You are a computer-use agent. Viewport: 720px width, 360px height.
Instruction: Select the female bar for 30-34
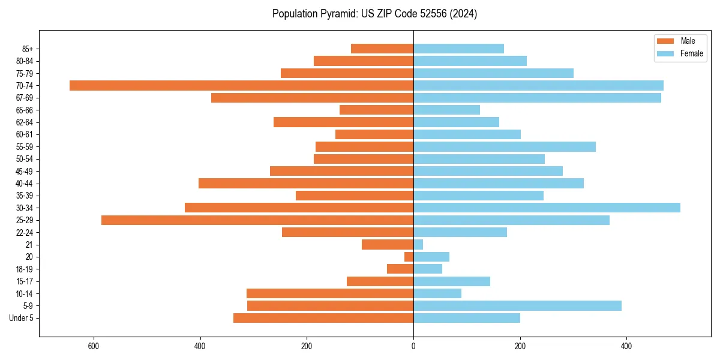[x=547, y=208]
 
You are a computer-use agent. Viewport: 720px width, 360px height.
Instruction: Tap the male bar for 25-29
[x=257, y=220]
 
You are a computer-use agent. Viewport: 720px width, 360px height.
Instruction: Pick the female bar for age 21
[x=418, y=245]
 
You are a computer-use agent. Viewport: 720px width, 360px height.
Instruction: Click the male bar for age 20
[x=409, y=257]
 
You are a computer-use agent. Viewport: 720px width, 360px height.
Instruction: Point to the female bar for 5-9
[x=517, y=306]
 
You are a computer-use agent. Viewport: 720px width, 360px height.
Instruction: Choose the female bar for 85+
[x=458, y=49]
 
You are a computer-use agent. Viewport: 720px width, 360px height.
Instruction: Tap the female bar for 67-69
[x=537, y=98]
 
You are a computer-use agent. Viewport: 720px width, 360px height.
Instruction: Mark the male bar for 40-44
[x=306, y=184]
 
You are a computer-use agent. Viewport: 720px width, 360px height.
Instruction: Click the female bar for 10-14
[x=437, y=293]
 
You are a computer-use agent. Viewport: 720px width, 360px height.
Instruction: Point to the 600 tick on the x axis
[x=94, y=346]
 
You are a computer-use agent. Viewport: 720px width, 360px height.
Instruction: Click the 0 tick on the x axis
[x=413, y=346]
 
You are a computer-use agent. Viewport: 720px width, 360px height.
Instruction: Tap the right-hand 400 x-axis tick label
[x=626, y=346]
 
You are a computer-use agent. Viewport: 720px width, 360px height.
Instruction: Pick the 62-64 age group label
[x=24, y=122]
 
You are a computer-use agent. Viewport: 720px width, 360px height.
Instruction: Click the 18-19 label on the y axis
[x=24, y=269]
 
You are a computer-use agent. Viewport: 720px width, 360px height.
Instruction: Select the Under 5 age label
[x=22, y=318]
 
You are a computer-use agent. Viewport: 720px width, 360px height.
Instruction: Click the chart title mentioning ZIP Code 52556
[x=374, y=14]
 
